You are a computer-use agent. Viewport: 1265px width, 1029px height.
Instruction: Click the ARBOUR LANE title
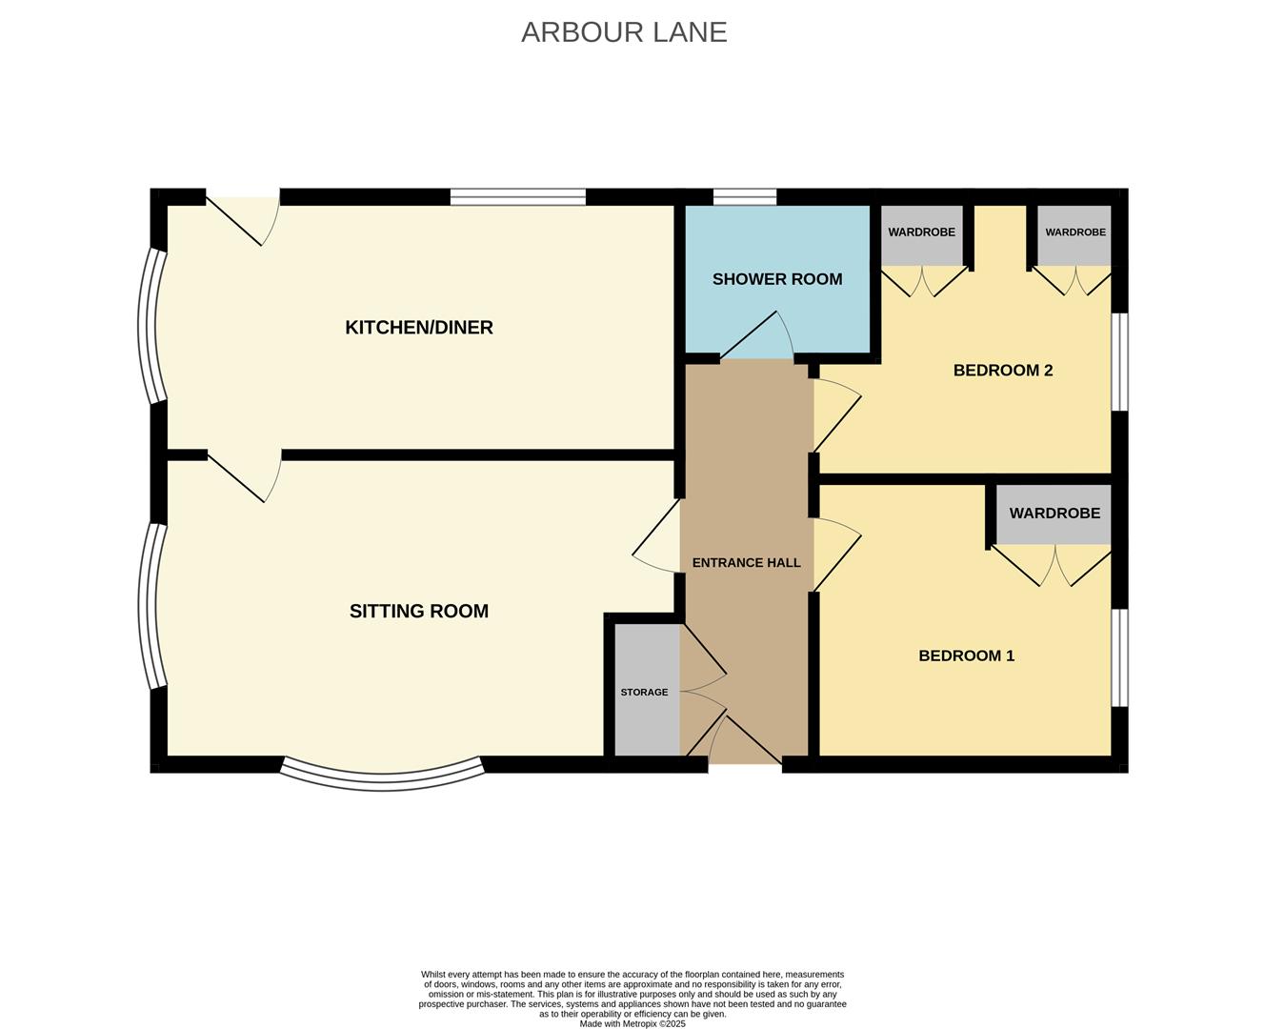[x=624, y=32]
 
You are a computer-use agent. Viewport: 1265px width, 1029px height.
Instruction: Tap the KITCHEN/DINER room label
[x=419, y=328]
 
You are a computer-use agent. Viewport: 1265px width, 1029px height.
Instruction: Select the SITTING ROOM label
[x=419, y=611]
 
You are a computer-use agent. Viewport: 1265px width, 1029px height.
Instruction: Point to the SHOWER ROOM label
[x=777, y=279]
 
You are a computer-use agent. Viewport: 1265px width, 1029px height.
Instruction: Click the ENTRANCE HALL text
[x=746, y=563]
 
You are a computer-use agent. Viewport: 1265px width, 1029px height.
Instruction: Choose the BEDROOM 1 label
[x=966, y=656]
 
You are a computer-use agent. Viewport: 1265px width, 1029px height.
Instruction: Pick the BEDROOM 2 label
[x=1002, y=371]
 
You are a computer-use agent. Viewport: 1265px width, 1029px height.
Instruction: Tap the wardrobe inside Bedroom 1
[x=1054, y=514]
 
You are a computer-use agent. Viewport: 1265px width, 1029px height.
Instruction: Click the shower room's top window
[x=745, y=196]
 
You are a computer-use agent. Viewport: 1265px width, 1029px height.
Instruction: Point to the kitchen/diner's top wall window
[x=518, y=196]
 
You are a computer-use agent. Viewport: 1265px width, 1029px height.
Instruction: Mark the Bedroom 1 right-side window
[x=1119, y=657]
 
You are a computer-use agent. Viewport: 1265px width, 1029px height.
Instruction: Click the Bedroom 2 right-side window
[x=1119, y=362]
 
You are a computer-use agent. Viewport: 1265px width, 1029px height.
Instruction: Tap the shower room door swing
[x=757, y=335]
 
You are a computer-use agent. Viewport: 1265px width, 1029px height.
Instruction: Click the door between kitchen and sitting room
[x=244, y=475]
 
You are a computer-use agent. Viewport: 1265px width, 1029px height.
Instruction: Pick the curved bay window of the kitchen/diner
[x=151, y=326]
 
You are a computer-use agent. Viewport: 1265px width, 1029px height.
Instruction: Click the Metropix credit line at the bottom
[x=632, y=1024]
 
